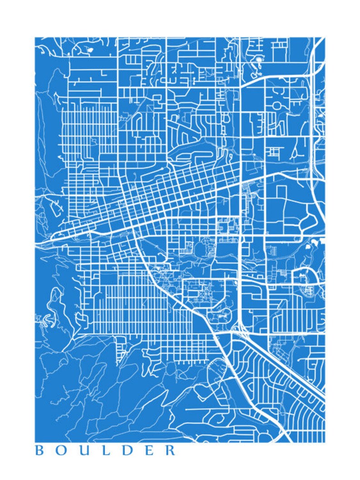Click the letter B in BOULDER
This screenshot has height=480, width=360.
click(39, 451)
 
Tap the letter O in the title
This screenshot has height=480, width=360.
click(60, 451)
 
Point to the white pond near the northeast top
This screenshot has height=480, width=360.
click(259, 59)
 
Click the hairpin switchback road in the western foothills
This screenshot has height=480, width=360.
click(50, 318)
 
